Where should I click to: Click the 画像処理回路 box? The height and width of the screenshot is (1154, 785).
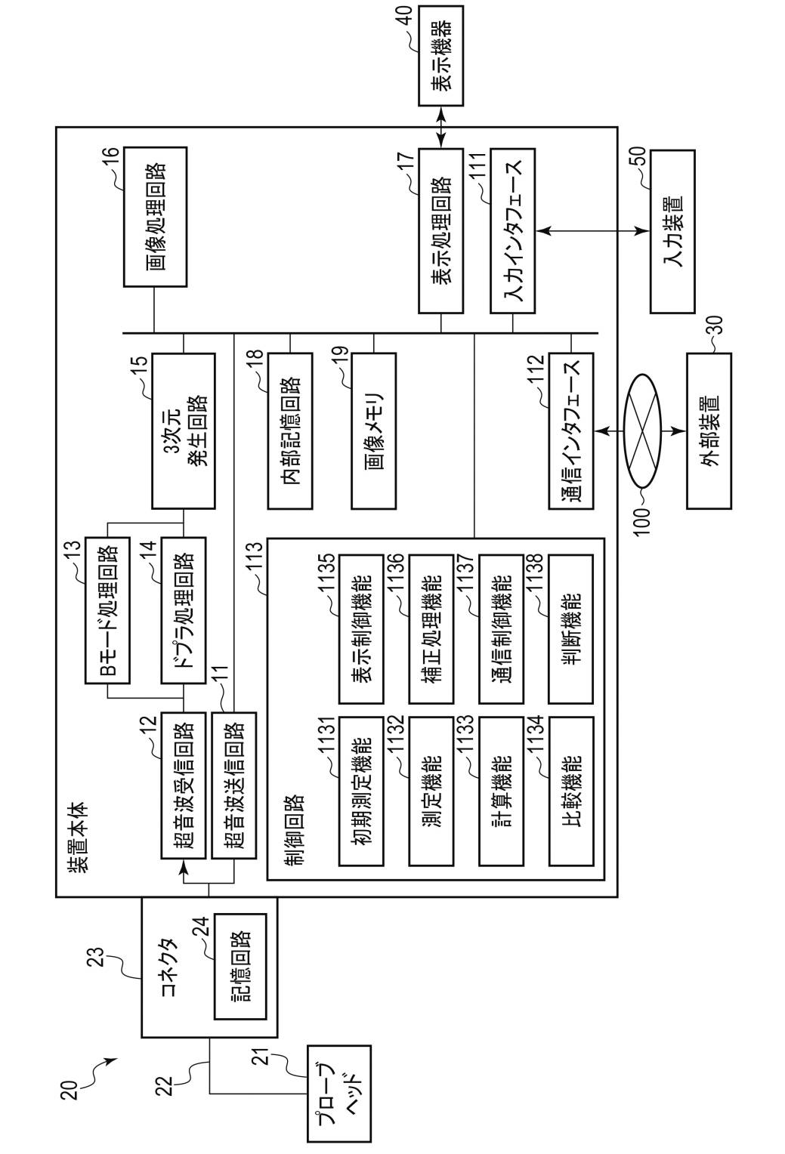(x=155, y=217)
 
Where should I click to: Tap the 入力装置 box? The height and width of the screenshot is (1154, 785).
(x=672, y=231)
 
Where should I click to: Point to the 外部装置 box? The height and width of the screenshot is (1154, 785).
(x=709, y=431)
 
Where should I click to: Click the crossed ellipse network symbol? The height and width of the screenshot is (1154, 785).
(x=641, y=431)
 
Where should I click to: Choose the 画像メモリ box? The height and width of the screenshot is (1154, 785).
(x=373, y=431)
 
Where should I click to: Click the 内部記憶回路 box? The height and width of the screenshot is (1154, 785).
(x=290, y=431)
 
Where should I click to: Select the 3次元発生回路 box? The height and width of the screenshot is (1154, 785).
(x=184, y=431)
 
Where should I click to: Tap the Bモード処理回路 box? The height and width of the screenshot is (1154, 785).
(x=107, y=610)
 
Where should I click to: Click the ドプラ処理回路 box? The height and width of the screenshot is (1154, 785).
(x=184, y=610)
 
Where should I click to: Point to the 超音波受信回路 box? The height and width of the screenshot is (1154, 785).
(x=184, y=785)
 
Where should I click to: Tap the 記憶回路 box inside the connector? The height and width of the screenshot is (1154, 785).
(x=240, y=967)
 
